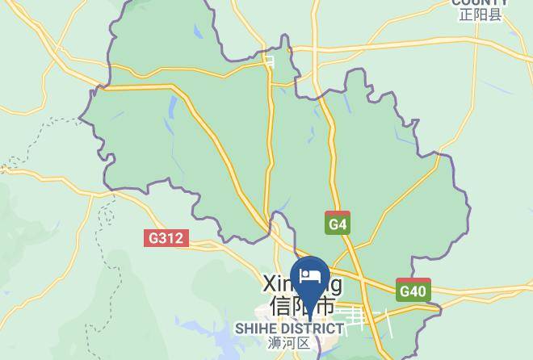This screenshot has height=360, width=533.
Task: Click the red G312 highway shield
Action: point(167,238)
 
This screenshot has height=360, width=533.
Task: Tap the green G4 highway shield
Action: point(338,224)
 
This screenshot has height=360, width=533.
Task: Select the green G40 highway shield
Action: point(413,290)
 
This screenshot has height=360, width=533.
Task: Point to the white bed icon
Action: point(309,277)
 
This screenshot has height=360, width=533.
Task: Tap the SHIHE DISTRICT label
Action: point(289,329)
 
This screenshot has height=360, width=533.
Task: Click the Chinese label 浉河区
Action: point(289,343)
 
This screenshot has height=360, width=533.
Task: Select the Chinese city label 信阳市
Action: point(303,307)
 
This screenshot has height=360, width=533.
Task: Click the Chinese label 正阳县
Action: point(480,15)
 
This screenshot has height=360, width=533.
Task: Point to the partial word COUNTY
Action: point(480,3)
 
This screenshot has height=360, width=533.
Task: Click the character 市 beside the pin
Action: point(325,307)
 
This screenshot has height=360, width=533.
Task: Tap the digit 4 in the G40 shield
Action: point(414,290)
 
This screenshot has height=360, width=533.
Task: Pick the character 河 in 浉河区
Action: point(289,343)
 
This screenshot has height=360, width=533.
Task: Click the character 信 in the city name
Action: point(280,307)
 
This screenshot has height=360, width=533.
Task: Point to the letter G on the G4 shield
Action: point(333,224)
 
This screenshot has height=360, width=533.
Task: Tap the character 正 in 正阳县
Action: point(465,15)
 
